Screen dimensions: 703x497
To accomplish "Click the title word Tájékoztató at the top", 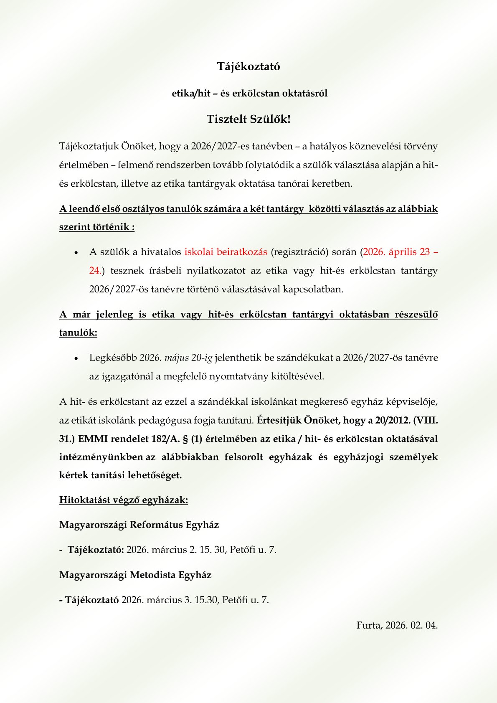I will tap(248, 66).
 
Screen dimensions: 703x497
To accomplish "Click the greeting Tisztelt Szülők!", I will tap(248, 119).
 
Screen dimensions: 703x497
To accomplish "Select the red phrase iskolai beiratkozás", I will tap(226, 252).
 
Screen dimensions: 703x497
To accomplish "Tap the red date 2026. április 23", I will tap(396, 252).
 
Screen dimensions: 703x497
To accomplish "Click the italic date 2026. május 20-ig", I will tap(176, 358).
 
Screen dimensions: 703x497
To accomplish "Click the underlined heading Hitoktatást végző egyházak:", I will tap(124, 500).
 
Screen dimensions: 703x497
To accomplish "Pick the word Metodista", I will tap(154, 575).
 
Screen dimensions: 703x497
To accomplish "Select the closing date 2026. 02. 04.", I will tap(411, 625).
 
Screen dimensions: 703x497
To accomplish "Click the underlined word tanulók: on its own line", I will tap(78, 333).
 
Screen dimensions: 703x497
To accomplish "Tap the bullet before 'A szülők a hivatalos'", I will tap(76, 253).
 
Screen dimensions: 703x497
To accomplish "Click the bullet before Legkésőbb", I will tap(76, 359).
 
